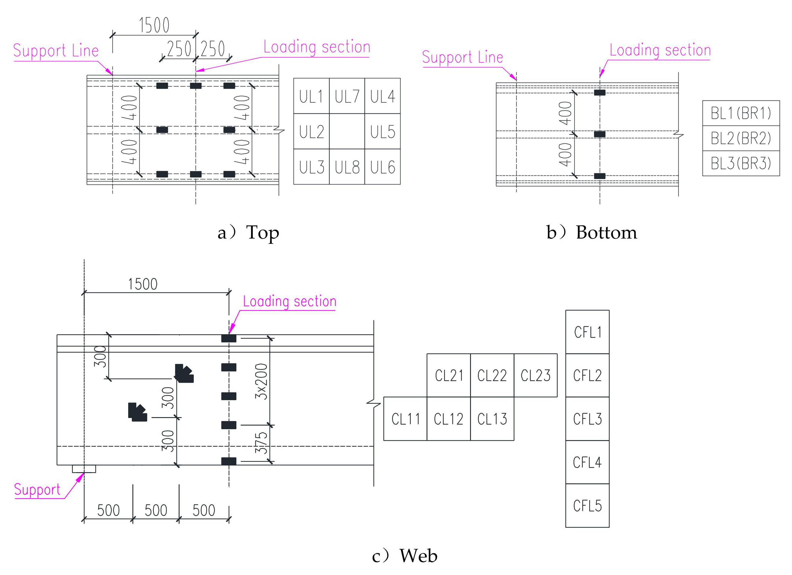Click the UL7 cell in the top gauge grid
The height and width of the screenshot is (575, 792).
(x=347, y=96)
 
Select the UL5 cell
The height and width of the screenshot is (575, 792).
(x=382, y=132)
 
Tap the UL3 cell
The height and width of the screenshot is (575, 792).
(x=311, y=167)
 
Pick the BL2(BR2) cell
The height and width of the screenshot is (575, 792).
(x=741, y=138)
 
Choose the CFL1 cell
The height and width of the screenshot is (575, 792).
(x=587, y=332)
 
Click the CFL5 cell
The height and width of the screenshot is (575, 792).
(x=587, y=506)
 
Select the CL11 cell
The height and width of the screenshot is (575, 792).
(x=405, y=419)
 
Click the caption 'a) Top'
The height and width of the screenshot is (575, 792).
(x=248, y=233)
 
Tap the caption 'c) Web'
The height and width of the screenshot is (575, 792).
(x=404, y=555)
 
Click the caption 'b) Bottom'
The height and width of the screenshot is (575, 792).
(x=592, y=233)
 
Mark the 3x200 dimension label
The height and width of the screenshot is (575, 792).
(x=261, y=381)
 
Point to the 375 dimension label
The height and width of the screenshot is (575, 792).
(x=261, y=443)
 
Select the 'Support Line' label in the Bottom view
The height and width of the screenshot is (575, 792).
(x=462, y=57)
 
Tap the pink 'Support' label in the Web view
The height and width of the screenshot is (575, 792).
(x=37, y=489)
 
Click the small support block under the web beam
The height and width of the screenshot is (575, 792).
(x=84, y=469)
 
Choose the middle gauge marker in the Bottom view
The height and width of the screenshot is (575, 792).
(x=599, y=134)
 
